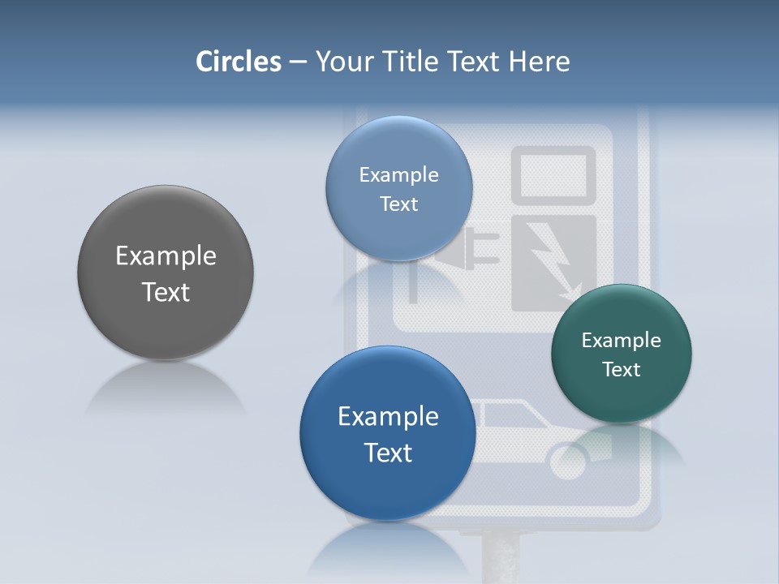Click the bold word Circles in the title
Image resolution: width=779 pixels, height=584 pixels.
[x=239, y=62]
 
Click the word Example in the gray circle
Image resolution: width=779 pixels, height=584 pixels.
[x=166, y=256]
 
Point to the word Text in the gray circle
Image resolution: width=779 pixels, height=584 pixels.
[x=166, y=292]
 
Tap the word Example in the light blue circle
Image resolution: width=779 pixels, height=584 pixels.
[x=398, y=175]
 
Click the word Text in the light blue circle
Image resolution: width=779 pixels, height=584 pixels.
[x=398, y=204]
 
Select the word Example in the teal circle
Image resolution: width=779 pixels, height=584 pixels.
[x=622, y=341]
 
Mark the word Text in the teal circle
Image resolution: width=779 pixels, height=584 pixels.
[x=622, y=370]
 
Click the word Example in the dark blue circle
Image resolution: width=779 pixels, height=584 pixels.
[x=388, y=417]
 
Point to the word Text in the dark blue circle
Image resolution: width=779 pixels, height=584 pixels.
[x=388, y=453]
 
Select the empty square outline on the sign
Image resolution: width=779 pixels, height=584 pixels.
[x=553, y=174]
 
